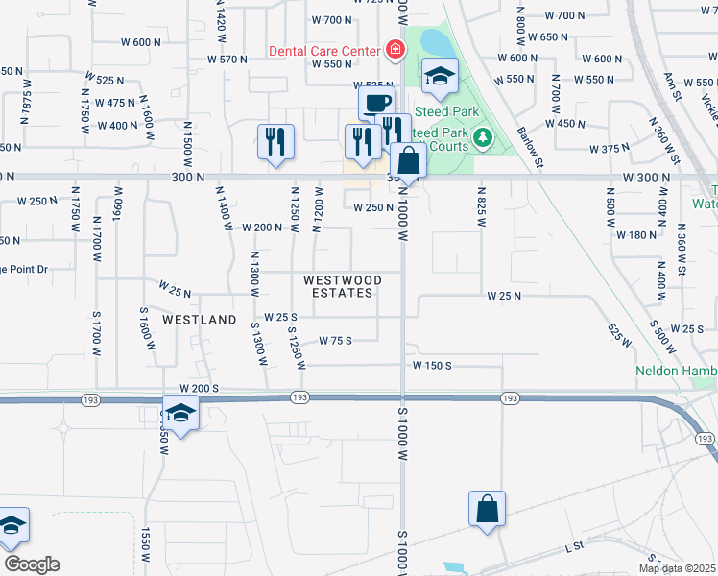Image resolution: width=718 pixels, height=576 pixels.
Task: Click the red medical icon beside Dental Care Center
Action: (394, 48)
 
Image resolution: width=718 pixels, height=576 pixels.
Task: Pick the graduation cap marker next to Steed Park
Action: (440, 77)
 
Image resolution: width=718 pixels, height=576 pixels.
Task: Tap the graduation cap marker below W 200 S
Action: (179, 415)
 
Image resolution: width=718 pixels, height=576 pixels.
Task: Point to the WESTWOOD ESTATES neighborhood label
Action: (343, 286)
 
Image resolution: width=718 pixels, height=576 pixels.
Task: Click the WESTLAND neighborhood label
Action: (199, 319)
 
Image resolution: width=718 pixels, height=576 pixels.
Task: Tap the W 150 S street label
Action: (432, 365)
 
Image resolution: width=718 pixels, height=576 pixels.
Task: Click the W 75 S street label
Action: (336, 340)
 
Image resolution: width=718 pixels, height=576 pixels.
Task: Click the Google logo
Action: (31, 564)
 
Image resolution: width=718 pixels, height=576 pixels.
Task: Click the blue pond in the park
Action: (434, 41)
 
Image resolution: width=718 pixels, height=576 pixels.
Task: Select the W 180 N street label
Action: (635, 234)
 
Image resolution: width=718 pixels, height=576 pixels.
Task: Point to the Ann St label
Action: (671, 84)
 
